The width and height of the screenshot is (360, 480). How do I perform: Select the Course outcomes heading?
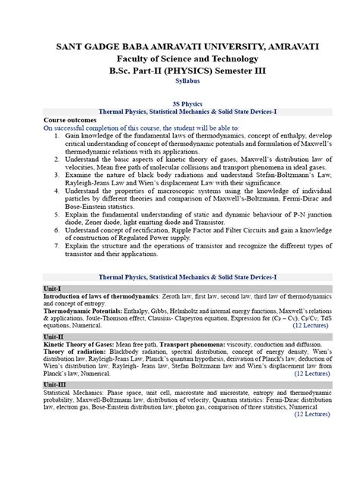click(70, 120)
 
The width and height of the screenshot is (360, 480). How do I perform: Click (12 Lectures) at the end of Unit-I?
click(312, 325)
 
